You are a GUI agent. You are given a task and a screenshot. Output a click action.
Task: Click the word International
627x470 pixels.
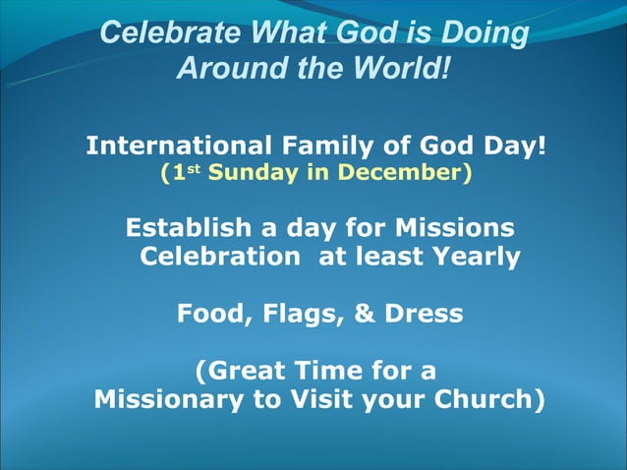(177, 147)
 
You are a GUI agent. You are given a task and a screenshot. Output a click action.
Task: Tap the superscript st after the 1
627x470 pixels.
(195, 171)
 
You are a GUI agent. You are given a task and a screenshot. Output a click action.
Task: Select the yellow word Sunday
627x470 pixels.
(249, 174)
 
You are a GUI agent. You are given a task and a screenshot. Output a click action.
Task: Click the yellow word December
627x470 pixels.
(402, 174)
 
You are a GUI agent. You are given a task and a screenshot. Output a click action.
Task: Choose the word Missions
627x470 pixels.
(454, 228)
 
